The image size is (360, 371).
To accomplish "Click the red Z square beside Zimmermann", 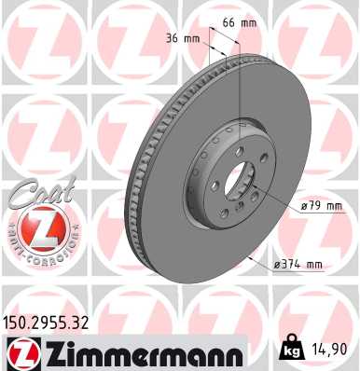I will point(20,352).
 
